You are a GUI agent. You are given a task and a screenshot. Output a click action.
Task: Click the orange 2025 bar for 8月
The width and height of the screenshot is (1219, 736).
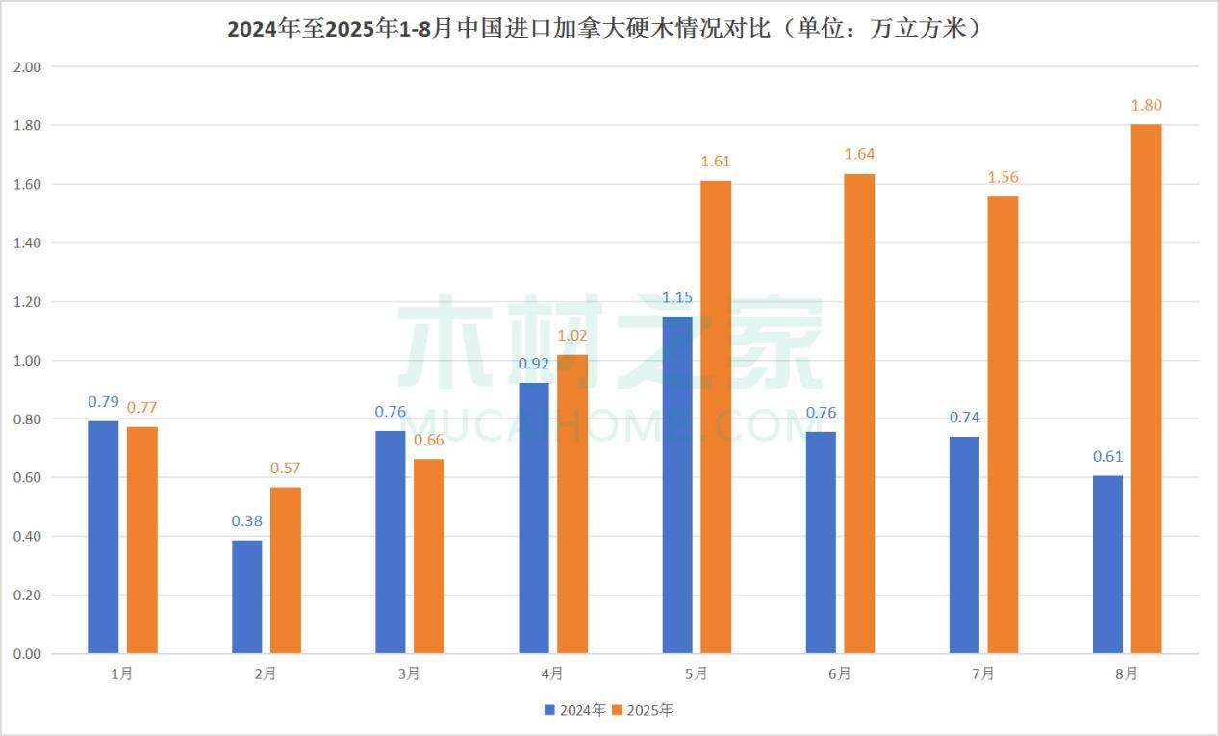(1146, 389)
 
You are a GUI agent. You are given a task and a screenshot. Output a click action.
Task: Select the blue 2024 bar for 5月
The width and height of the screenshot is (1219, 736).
(677, 485)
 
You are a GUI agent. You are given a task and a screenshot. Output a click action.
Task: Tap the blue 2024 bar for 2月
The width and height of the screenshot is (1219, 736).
(247, 596)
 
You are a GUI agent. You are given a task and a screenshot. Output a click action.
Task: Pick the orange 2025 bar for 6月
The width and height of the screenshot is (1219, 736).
(859, 414)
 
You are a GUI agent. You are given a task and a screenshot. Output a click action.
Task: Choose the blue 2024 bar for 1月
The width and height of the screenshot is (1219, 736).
(103, 537)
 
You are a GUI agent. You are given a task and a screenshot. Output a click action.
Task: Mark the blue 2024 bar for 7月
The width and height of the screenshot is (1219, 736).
(964, 545)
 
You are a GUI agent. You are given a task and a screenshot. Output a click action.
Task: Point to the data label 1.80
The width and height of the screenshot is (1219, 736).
(1146, 105)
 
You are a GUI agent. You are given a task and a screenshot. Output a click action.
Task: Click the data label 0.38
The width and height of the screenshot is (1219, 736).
(247, 521)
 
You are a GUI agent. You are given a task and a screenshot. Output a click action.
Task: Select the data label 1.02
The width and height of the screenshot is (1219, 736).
(572, 336)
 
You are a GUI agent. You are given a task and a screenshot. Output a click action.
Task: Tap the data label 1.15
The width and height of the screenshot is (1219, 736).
(677, 297)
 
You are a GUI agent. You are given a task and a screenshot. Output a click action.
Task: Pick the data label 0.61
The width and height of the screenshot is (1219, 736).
(1107, 456)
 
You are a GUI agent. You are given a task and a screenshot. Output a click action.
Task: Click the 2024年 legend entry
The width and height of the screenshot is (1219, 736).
(575, 710)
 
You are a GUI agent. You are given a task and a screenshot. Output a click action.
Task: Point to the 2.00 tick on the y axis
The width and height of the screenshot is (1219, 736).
(28, 66)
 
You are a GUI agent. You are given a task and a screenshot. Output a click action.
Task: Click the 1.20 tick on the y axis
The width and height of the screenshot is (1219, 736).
(28, 301)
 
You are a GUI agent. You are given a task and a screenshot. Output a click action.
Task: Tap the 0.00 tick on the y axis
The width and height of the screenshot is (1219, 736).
(28, 654)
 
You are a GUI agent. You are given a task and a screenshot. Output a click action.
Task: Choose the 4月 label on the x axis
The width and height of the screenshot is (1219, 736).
(552, 674)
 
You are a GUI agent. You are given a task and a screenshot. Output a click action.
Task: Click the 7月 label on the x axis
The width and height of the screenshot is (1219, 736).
(983, 674)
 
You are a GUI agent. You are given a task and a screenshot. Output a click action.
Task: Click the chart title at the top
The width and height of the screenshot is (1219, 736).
(609, 28)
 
